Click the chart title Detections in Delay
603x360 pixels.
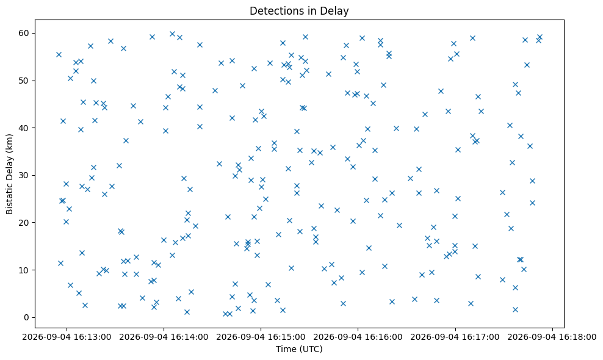click(x=299, y=11)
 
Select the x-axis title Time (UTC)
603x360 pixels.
click(x=299, y=349)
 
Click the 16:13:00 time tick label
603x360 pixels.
click(x=67, y=337)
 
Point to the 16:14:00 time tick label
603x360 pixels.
click(x=164, y=337)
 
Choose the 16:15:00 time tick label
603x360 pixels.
click(x=261, y=337)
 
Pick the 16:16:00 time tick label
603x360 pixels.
click(x=358, y=337)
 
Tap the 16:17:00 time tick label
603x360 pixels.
click(x=455, y=337)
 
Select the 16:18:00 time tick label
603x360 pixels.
click(x=552, y=337)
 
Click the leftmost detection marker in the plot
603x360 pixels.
click(x=59, y=55)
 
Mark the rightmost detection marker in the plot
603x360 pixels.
click(x=540, y=37)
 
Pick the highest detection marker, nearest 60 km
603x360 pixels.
click(x=172, y=34)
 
